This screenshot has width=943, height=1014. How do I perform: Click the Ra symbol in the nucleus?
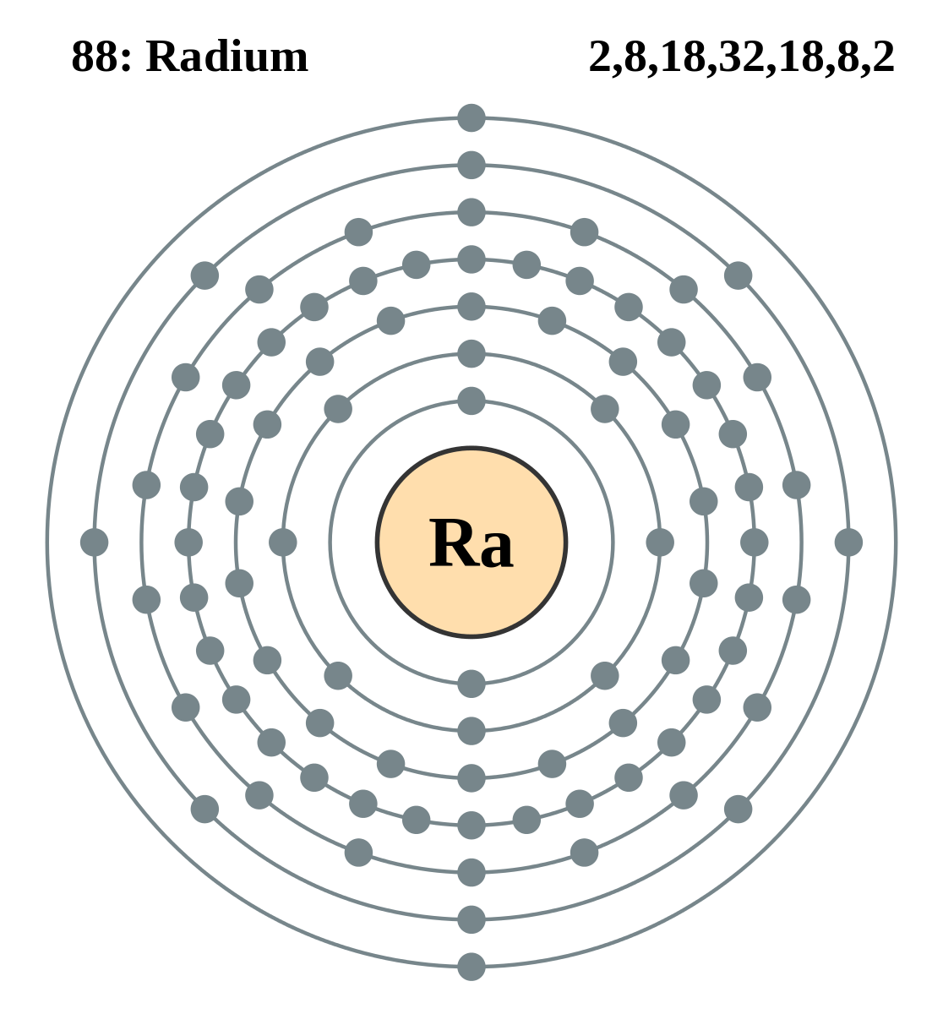(x=471, y=544)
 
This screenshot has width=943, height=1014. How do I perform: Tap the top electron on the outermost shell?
(x=471, y=117)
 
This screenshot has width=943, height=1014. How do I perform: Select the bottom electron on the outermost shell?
(x=471, y=967)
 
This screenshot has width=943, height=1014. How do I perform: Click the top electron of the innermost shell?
(x=471, y=401)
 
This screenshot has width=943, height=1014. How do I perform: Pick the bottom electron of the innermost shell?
(x=471, y=684)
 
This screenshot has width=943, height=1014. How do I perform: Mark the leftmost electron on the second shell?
(x=283, y=542)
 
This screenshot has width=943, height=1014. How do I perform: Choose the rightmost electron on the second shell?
(x=660, y=542)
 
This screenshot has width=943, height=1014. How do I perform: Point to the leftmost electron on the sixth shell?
(x=94, y=542)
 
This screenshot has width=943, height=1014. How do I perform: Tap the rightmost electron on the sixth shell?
(x=848, y=542)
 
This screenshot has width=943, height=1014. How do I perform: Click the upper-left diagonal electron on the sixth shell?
(x=204, y=275)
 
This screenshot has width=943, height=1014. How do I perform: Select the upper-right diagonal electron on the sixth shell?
(x=738, y=275)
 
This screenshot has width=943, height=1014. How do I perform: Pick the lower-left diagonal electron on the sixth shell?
(x=204, y=809)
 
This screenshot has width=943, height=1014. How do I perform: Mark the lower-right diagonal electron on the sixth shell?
(x=738, y=809)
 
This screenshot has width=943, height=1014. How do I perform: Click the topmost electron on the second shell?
(x=471, y=353)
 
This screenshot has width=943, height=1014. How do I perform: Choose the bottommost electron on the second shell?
(x=471, y=731)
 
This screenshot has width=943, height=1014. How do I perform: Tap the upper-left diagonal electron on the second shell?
(x=338, y=409)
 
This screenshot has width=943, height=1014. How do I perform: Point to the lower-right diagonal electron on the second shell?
(x=605, y=675)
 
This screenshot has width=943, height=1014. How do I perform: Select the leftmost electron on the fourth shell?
(x=188, y=542)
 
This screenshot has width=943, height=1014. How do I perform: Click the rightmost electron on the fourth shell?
(x=755, y=542)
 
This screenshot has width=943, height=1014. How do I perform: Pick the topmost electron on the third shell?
(x=471, y=306)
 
